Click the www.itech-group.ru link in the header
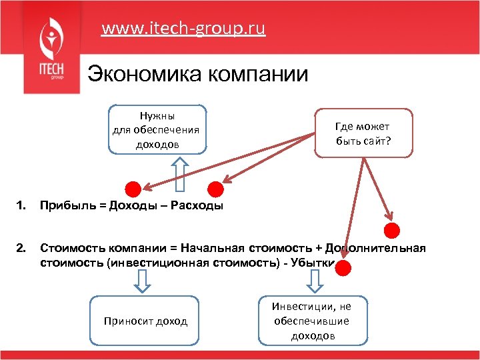point(183,29)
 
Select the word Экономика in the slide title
point(140,73)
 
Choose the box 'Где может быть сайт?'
point(363,133)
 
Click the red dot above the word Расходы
point(215,189)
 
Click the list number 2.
point(23,249)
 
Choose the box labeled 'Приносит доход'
point(145,321)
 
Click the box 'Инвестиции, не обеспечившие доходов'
point(311,321)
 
